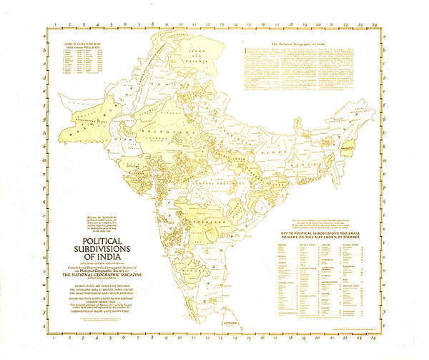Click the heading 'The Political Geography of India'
[300, 44]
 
